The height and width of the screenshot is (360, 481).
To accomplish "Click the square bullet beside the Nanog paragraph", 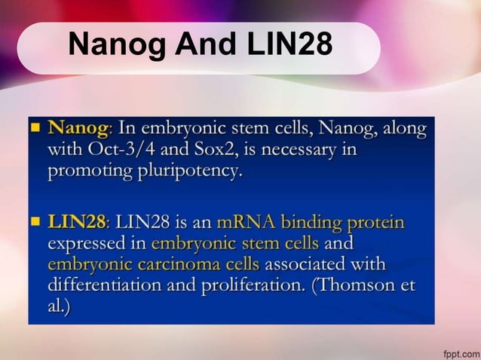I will pos(35,129).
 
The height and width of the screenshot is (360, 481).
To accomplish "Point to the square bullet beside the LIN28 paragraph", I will pos(35,223).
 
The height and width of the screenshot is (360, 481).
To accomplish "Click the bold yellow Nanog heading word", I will pos(78,129).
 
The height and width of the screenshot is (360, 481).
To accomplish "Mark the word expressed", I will pos(96,244).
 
